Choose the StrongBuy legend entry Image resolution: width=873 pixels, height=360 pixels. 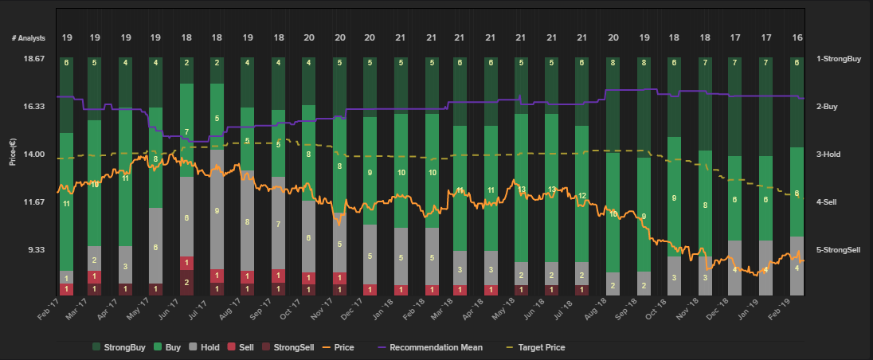point(120,347)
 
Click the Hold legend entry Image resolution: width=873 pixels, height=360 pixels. point(205,347)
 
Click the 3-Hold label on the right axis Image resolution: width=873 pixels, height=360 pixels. point(834,155)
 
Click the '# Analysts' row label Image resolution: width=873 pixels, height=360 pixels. point(29,38)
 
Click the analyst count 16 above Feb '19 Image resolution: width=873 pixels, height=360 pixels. point(797,38)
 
